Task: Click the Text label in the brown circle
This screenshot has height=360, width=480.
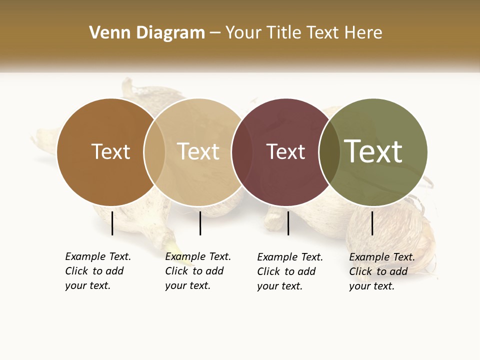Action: [110, 151]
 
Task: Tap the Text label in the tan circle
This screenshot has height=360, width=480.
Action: [198, 151]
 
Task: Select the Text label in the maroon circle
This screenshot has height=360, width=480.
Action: [285, 151]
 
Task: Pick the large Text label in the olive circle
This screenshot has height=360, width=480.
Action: [373, 151]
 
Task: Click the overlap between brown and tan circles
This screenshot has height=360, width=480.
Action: [154, 152]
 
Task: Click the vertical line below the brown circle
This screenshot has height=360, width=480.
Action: [112, 223]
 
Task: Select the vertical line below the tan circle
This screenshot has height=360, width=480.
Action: [200, 223]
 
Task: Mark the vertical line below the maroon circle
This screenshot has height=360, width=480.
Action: [288, 223]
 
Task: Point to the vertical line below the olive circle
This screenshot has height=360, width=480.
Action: [372, 223]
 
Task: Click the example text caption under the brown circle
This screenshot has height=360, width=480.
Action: [98, 271]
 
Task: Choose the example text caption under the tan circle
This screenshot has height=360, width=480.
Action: [198, 271]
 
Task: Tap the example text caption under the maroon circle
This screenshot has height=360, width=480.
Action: [290, 271]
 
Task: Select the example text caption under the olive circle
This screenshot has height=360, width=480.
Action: [382, 271]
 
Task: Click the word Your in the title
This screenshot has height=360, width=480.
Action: [243, 33]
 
